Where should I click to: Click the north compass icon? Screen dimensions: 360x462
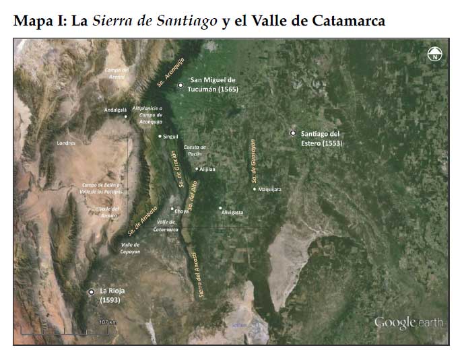point(434,55)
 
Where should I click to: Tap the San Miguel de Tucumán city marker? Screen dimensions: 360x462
point(180,85)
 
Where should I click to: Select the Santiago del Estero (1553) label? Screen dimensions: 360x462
point(322,138)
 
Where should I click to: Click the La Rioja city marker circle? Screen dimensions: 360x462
point(91,291)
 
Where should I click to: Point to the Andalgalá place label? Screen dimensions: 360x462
point(115,109)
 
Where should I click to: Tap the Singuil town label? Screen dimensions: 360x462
point(171,137)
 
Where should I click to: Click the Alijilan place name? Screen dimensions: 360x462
point(207,169)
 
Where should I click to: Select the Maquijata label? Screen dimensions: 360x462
point(269,189)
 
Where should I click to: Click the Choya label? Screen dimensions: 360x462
point(182,211)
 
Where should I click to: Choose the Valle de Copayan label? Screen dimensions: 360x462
point(131,247)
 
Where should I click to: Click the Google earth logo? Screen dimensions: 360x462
point(408,323)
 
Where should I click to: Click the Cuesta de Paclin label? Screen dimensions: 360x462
point(194,150)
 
